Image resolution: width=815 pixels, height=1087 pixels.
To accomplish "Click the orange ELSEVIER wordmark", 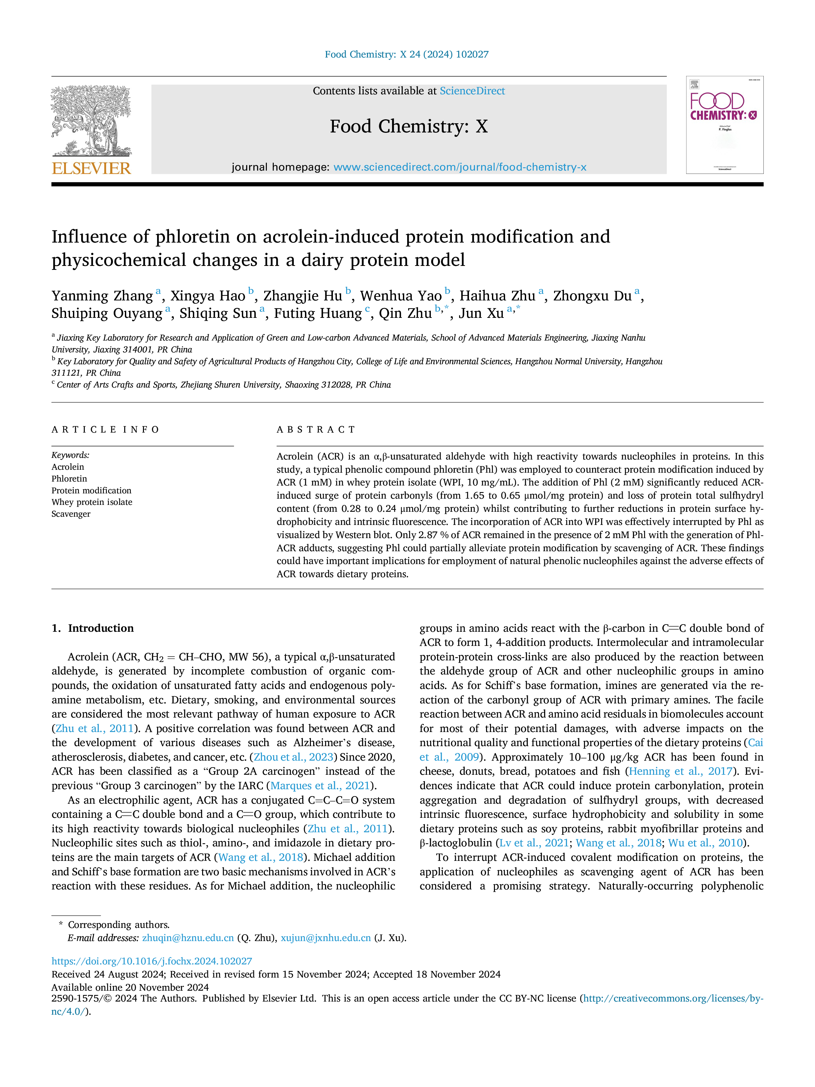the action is pyautogui.click(x=91, y=168).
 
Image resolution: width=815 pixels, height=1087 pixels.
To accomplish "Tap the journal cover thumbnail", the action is pyautogui.click(x=725, y=125).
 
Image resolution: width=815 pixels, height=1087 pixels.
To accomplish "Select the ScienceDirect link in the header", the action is pyautogui.click(x=472, y=91).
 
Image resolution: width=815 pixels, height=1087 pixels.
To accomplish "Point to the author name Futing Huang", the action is pyautogui.click(x=318, y=314).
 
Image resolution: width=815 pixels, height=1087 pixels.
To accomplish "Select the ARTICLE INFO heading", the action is pyautogui.click(x=105, y=430).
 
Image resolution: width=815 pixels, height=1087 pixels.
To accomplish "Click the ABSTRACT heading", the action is pyautogui.click(x=316, y=430).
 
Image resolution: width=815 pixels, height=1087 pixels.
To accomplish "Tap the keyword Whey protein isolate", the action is pyautogui.click(x=92, y=502).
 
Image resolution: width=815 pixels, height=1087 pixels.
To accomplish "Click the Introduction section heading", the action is pyautogui.click(x=93, y=628).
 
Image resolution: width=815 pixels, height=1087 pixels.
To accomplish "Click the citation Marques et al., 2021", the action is pyautogui.click(x=320, y=786).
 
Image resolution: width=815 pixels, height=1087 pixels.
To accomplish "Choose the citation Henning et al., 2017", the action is pyautogui.click(x=681, y=771).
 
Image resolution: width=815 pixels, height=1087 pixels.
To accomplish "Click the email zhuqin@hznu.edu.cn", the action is pyautogui.click(x=188, y=938).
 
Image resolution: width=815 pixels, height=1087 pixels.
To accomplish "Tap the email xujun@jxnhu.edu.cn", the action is pyautogui.click(x=326, y=938).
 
